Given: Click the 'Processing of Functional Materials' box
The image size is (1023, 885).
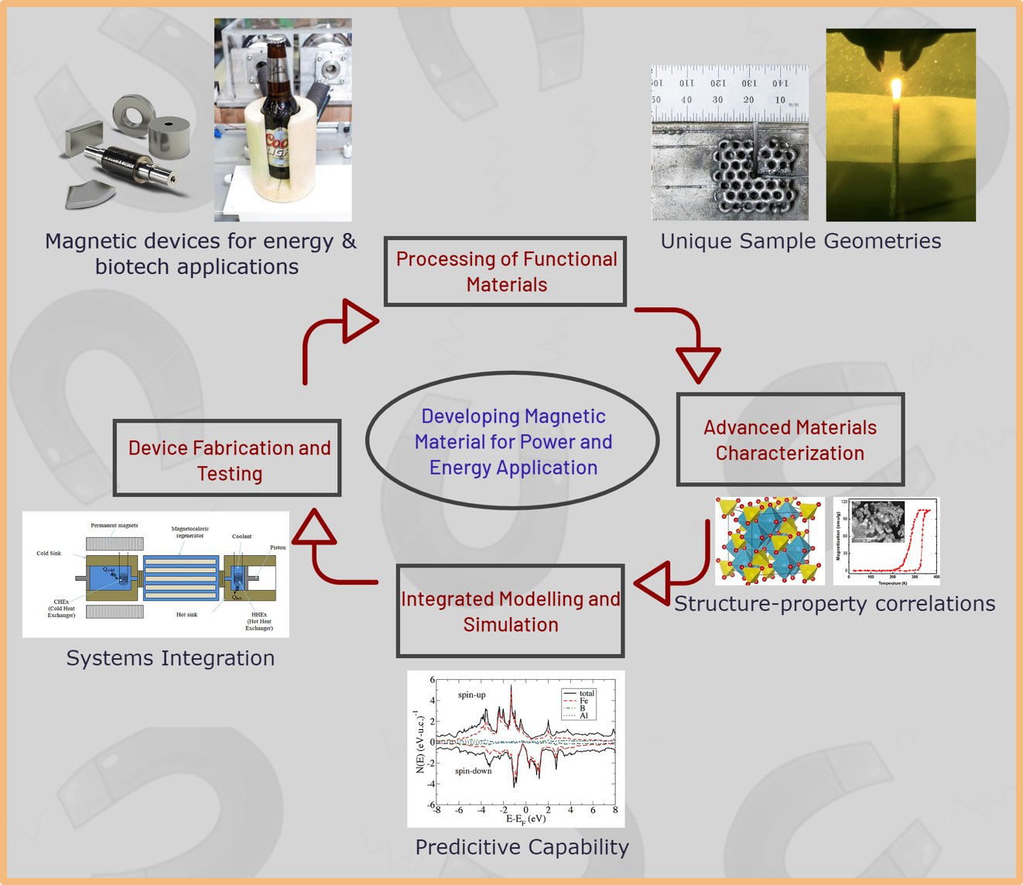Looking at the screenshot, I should coord(505,271).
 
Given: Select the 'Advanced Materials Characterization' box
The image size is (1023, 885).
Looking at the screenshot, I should coord(790,440).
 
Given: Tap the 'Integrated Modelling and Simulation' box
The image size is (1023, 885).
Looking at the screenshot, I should coord(510,611).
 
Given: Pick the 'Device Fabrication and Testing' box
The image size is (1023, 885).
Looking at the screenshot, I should coord(228,458).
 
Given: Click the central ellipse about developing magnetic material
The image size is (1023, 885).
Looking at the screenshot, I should coord(512,441).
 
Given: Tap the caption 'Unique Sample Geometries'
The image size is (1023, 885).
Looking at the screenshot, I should coord(801,242).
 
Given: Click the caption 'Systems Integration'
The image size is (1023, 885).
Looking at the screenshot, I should coord(170,658).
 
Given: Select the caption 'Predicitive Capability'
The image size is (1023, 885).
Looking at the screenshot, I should coord(522,847).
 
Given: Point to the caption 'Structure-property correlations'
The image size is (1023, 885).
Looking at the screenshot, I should coord(834,604).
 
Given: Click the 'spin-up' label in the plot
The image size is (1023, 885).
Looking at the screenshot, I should coord(471,695).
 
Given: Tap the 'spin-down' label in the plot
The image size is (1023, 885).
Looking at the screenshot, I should coord(473,770).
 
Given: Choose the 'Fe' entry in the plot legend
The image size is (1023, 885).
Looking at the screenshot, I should coord(584,701).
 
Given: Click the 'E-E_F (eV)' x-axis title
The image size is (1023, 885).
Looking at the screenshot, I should coord(525,818).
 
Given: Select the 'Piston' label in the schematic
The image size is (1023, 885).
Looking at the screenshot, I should coord(278,547).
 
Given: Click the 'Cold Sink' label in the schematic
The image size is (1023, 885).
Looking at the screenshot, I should coord(49,553).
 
